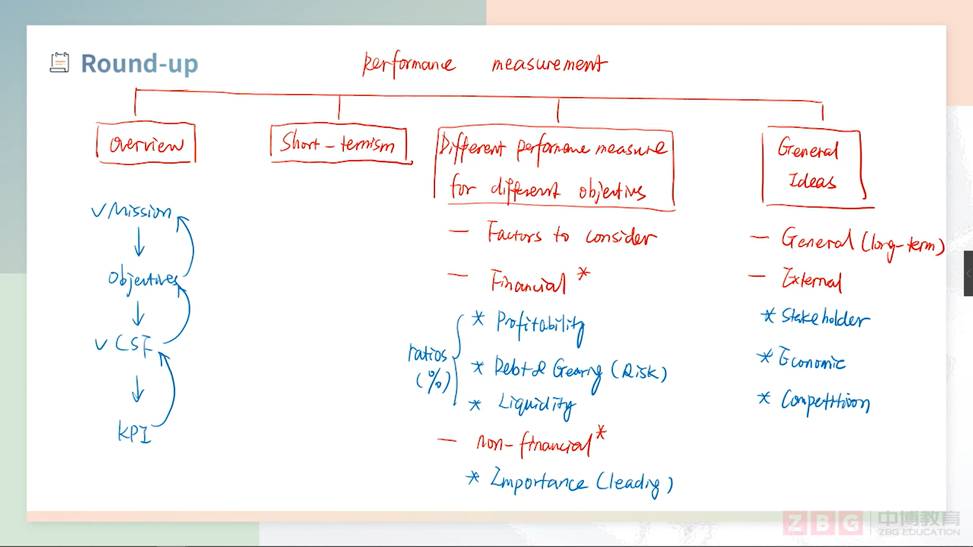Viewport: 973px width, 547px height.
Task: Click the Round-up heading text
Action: [139, 64]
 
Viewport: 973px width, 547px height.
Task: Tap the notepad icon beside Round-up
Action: [59, 63]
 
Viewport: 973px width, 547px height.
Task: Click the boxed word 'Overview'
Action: [146, 144]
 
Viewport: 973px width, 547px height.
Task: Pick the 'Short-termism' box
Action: [338, 143]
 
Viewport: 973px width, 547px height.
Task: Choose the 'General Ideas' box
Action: [810, 166]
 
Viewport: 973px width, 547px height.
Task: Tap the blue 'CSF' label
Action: [133, 344]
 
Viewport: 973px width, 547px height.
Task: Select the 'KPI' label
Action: [134, 433]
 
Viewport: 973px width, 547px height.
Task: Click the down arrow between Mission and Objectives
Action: [139, 242]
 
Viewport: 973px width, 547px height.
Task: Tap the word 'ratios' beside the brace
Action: [427, 353]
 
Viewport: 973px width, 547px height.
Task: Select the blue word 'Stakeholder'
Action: [825, 318]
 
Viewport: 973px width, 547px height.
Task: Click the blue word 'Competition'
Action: [825, 402]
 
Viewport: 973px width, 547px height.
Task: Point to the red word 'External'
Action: [811, 279]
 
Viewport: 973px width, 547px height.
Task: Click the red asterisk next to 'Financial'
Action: [584, 273]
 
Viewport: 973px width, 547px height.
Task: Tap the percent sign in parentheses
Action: [434, 380]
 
